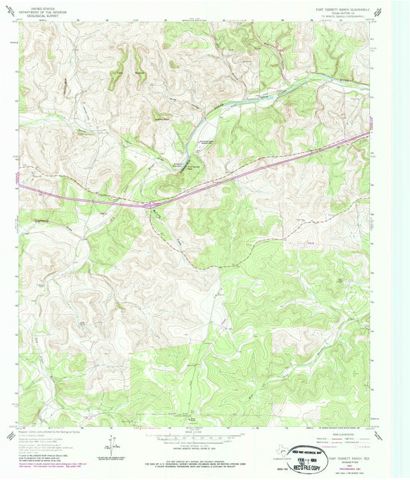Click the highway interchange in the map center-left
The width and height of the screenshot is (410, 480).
coord(149,205)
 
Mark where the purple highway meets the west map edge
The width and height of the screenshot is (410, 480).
coord(19,185)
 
